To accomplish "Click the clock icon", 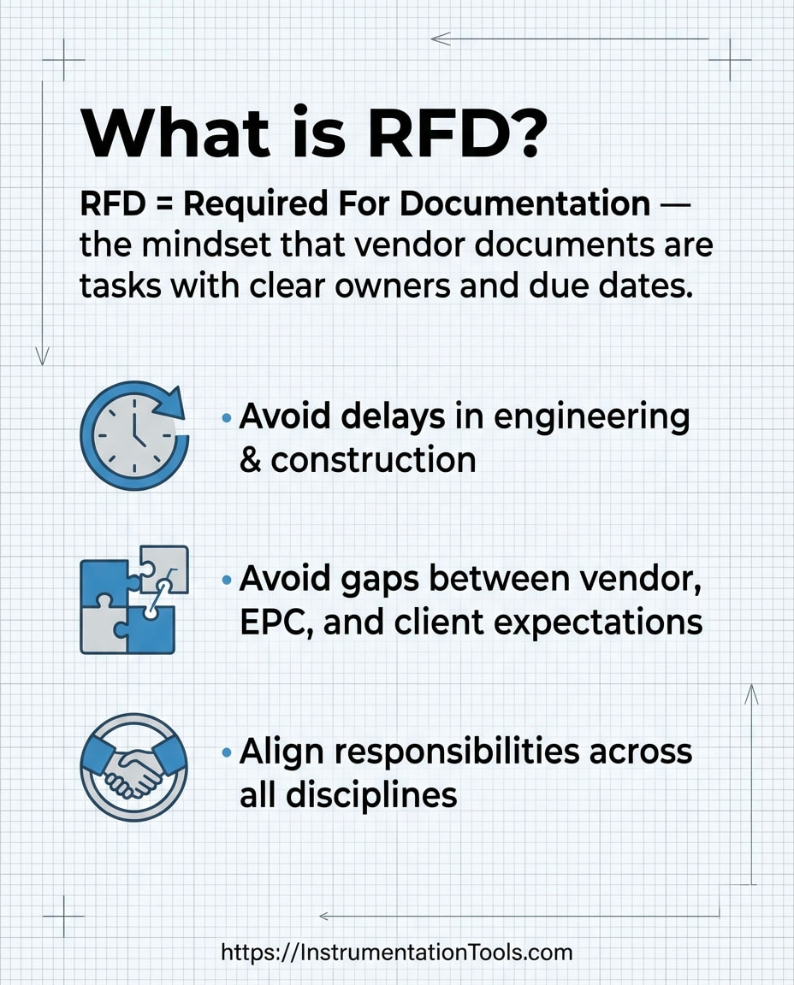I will (x=134, y=435).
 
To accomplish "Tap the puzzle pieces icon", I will (x=134, y=599).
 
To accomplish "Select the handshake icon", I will (x=134, y=767).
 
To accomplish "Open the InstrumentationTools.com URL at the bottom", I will (x=396, y=952).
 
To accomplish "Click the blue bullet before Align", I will (x=227, y=753).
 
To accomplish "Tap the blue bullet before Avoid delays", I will (x=227, y=418).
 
